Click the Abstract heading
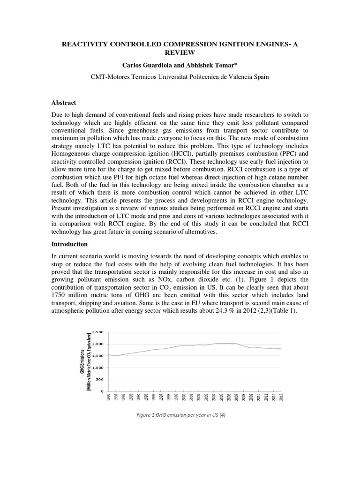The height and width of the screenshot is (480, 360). (x=63, y=103)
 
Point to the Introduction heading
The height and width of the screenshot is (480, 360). (x=69, y=244)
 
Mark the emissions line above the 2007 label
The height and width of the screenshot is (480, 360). (x=236, y=344)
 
